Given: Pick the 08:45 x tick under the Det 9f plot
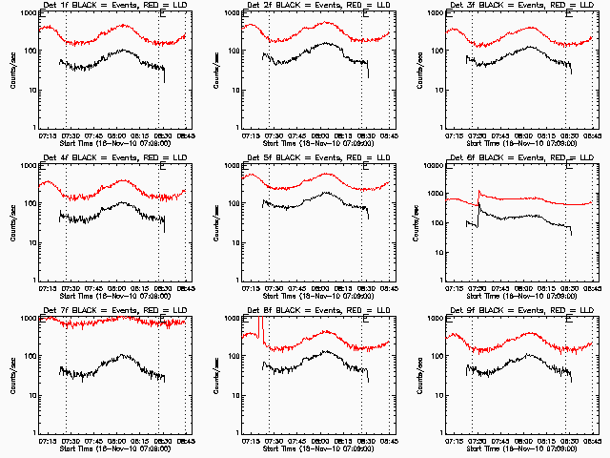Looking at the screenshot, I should (592, 440).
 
